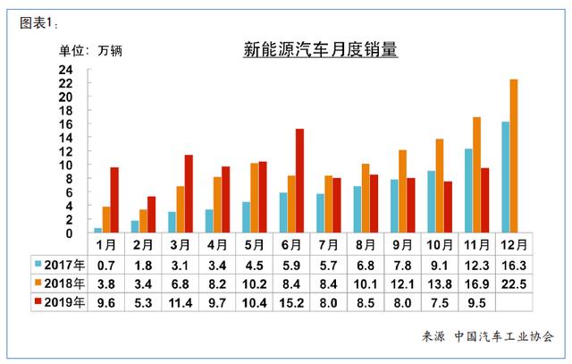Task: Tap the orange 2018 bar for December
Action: (513, 157)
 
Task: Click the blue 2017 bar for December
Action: (505, 177)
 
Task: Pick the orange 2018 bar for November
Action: (476, 175)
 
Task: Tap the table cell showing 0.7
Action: (107, 265)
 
